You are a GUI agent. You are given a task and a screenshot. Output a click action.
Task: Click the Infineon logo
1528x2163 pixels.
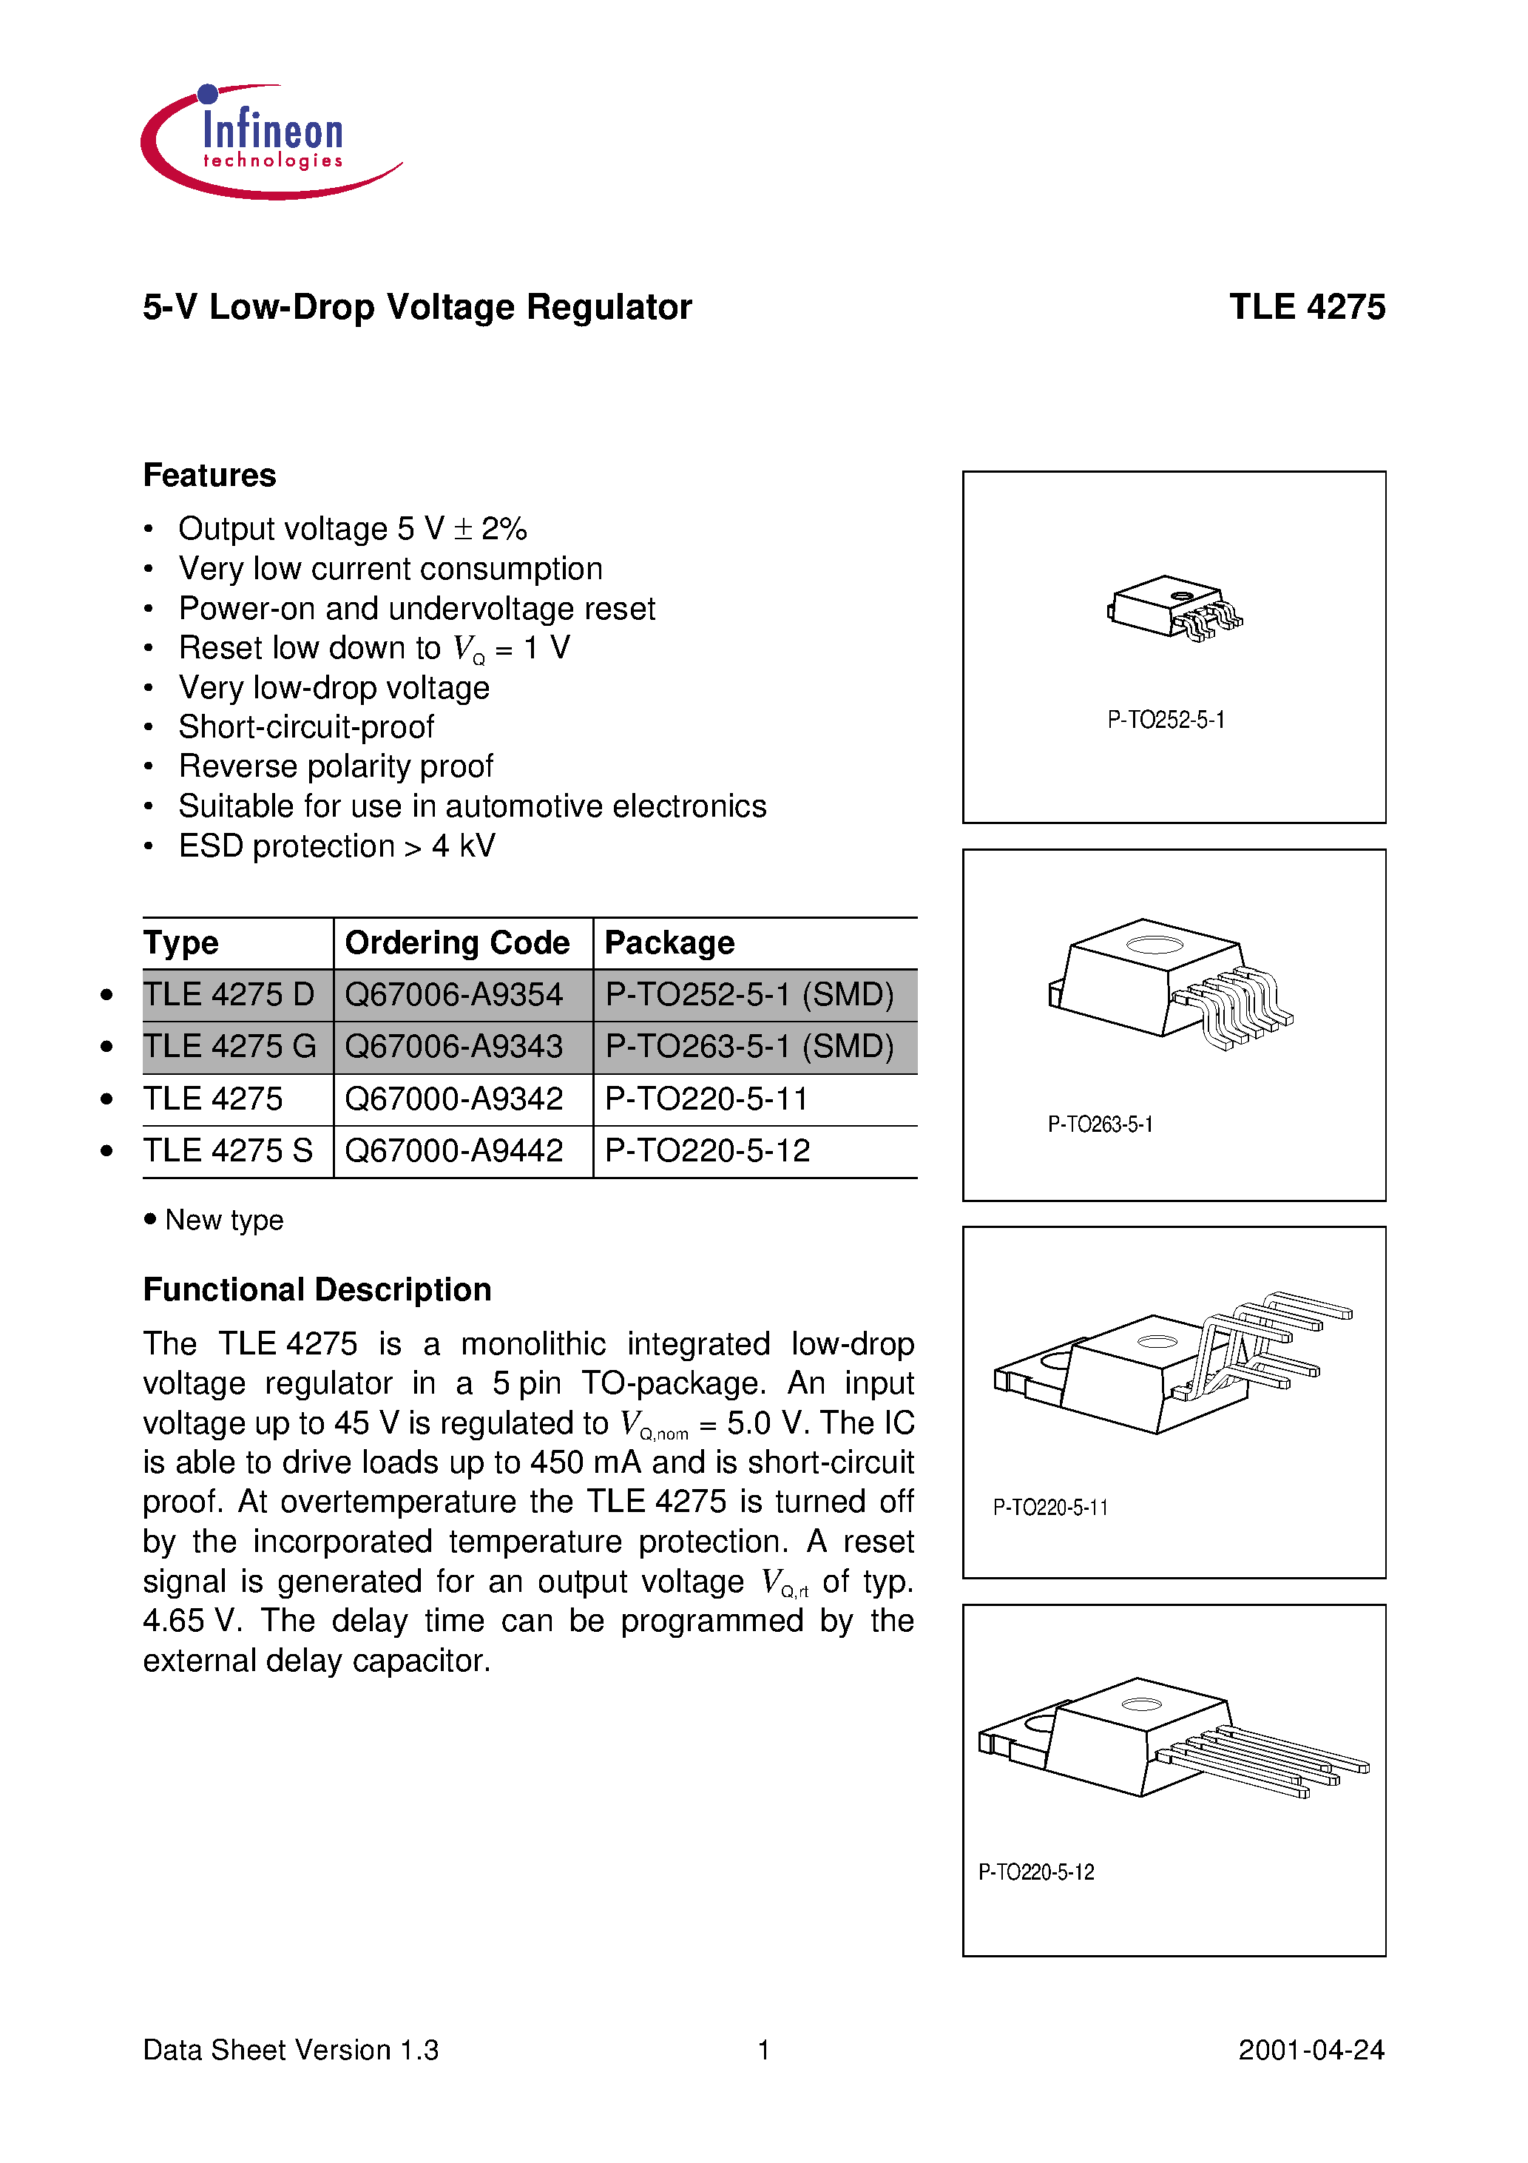coord(271,141)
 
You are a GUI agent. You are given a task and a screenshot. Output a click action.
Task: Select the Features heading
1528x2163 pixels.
coord(209,476)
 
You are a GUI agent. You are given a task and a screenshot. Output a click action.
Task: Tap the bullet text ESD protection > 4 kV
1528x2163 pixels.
coord(337,846)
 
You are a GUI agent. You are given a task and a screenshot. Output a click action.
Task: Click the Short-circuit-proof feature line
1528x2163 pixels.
coord(306,727)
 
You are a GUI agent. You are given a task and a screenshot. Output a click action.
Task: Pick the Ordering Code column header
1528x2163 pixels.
coord(457,943)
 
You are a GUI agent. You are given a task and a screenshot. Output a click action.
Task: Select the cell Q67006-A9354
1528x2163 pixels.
coord(453,995)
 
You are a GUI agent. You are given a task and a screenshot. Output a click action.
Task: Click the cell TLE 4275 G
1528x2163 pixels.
coord(229,1047)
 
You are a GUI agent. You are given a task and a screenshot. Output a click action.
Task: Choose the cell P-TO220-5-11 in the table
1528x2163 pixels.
coord(706,1099)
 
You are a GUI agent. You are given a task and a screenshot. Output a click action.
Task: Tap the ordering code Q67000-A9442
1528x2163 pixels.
coord(453,1150)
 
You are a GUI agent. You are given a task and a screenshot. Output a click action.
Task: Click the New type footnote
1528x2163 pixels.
coord(223,1220)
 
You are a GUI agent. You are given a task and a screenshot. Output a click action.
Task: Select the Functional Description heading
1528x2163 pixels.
coord(317,1289)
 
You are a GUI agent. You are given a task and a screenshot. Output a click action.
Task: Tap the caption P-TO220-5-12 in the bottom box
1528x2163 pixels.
coord(1035,1872)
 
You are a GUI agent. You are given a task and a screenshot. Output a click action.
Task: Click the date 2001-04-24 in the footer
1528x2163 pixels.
coord(1311,2050)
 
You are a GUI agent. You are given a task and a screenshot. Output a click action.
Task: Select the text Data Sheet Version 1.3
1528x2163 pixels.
coord(290,2050)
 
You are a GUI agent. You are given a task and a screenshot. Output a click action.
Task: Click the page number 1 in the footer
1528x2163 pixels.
coord(764,2050)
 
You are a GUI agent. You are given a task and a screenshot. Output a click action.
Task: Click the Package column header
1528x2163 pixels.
coord(669,943)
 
